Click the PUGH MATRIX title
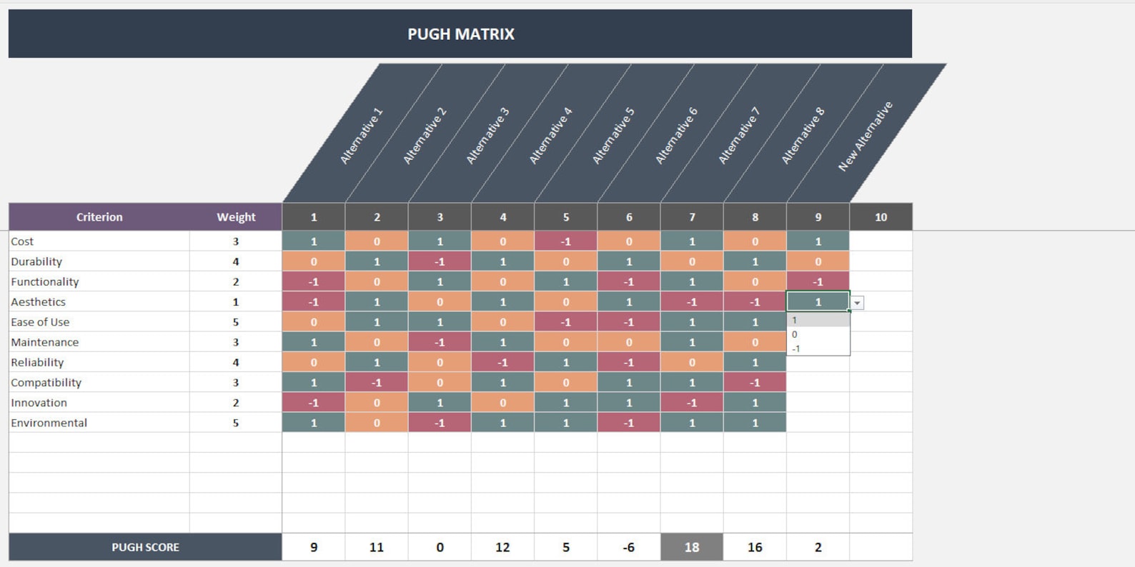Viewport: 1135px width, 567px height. (460, 34)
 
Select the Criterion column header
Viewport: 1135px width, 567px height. (99, 217)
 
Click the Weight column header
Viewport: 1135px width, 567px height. (236, 217)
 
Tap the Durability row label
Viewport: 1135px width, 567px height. (36, 261)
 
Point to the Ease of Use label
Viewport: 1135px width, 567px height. (40, 322)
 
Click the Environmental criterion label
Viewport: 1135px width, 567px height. (49, 423)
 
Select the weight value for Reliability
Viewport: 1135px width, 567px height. (236, 362)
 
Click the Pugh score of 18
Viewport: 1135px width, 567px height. (692, 547)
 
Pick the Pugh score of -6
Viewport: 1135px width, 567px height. (629, 547)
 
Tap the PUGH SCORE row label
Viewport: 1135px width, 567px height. (145, 547)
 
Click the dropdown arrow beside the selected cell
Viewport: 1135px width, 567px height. (857, 303)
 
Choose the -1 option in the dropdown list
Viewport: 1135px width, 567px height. (796, 348)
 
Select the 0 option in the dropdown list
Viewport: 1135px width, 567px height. (795, 334)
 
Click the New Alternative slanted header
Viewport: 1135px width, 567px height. (866, 136)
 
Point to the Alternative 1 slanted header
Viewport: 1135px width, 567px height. (362, 136)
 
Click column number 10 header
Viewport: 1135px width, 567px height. (881, 217)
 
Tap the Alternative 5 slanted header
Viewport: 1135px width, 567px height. (614, 136)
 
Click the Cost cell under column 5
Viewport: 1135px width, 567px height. (566, 241)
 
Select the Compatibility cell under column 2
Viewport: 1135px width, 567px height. (377, 383)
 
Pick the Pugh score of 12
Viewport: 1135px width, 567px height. (502, 547)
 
